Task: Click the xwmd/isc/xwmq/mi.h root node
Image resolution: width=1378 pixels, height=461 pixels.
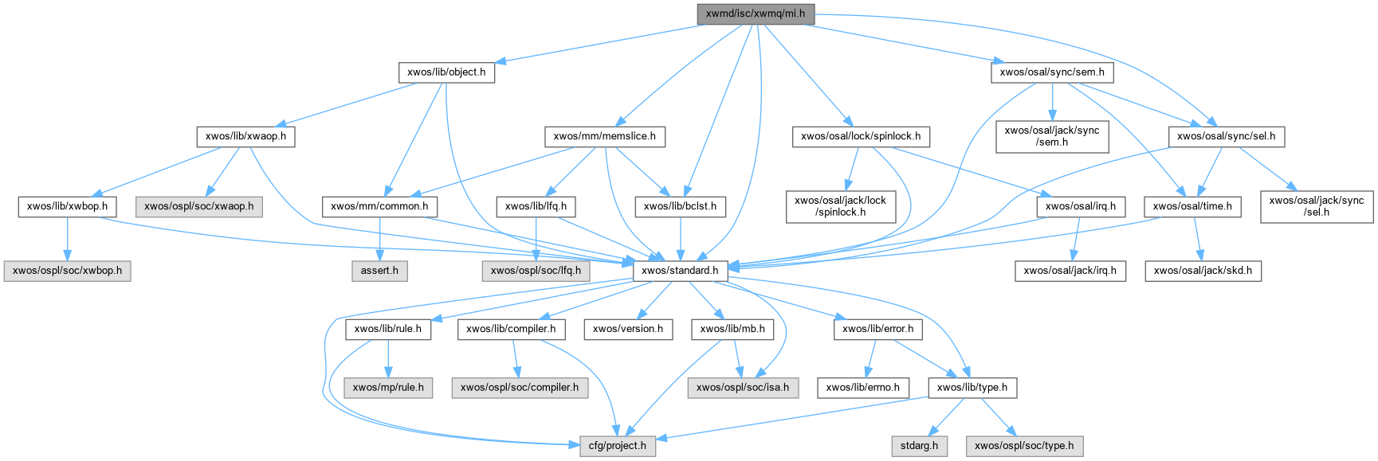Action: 755,14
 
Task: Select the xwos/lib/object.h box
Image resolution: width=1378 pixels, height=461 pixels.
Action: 446,72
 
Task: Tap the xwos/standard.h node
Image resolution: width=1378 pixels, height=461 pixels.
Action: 680,270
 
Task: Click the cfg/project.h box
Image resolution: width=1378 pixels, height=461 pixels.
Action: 618,445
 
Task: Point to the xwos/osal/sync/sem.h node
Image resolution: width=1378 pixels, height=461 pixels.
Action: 1052,72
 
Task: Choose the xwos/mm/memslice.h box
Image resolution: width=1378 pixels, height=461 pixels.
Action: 605,136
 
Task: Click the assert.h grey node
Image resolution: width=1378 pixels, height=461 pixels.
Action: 379,270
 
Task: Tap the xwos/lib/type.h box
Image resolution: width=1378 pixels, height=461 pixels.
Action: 972,387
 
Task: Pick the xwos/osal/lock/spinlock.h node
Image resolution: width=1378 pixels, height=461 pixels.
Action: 861,136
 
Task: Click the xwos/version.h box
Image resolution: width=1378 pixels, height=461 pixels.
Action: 628,328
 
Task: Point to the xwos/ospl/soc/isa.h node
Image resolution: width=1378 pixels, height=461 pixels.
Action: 743,387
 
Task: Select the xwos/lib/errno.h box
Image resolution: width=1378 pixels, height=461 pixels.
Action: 863,387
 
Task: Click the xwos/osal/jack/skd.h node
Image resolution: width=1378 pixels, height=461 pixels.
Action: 1203,270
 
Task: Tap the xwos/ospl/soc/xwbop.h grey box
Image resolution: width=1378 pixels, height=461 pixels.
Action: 68,270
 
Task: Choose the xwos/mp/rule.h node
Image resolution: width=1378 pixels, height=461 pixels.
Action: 388,387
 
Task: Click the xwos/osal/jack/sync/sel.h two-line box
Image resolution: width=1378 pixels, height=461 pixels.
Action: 1317,205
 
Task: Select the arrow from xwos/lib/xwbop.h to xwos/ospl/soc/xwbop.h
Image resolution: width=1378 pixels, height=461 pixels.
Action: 68,238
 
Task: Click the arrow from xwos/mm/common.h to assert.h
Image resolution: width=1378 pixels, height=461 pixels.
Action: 380,238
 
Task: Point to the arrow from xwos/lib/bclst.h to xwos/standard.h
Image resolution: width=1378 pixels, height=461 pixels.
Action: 680,238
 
